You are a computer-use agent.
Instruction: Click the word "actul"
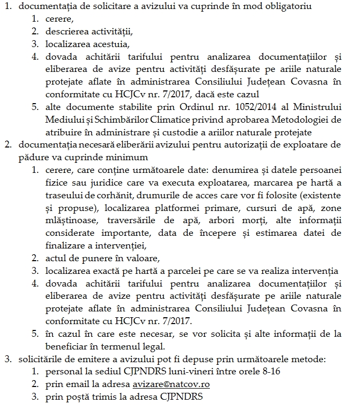tap(55, 259)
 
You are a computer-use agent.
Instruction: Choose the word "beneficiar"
tap(68, 346)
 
